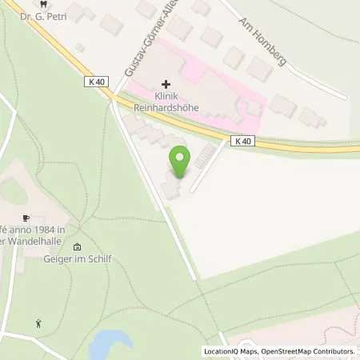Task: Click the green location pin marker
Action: pos(180,163)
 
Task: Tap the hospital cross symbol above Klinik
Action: pos(166,83)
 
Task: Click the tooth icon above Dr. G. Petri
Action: pos(53,2)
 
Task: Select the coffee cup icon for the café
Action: pos(26,218)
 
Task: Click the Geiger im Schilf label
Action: pos(77,258)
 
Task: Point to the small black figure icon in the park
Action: pos(38,323)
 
